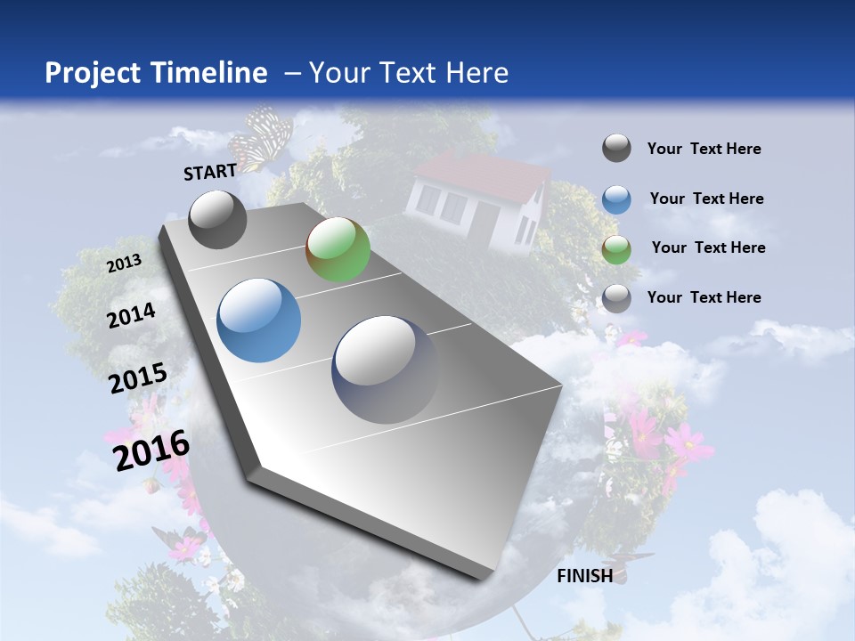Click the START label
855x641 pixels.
tap(210, 172)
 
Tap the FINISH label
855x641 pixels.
tap(585, 575)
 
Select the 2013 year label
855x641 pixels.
tap(124, 263)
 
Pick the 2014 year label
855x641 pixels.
tap(132, 315)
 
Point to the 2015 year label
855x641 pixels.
tap(138, 378)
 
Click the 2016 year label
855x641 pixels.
tap(151, 450)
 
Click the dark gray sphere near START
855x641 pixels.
tap(218, 219)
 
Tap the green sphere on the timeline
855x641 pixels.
tap(338, 249)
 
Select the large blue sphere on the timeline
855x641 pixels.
tap(259, 320)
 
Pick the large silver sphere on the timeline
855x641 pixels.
tap(386, 369)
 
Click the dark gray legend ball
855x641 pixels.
tap(616, 149)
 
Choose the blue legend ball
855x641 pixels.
tap(616, 199)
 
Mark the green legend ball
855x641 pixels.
tap(616, 249)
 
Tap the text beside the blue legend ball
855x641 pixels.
tap(706, 199)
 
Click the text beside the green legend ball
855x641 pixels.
tap(708, 247)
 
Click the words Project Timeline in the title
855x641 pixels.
tap(156, 73)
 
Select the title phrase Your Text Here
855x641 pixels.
tap(409, 73)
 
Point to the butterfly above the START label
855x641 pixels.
tap(261, 138)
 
